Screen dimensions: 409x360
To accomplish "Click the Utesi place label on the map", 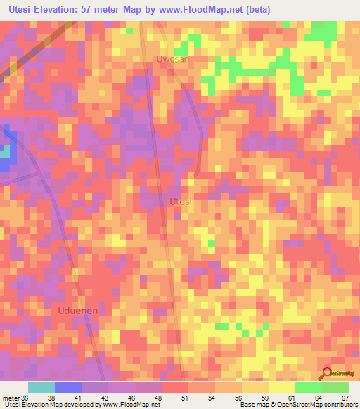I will [x=181, y=202].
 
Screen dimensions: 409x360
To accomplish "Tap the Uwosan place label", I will [x=173, y=59].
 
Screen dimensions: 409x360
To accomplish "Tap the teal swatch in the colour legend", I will [x=41, y=387].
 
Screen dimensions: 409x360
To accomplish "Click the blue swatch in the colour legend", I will [x=67, y=387].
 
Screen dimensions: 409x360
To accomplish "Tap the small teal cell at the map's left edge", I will [x=4, y=151].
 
